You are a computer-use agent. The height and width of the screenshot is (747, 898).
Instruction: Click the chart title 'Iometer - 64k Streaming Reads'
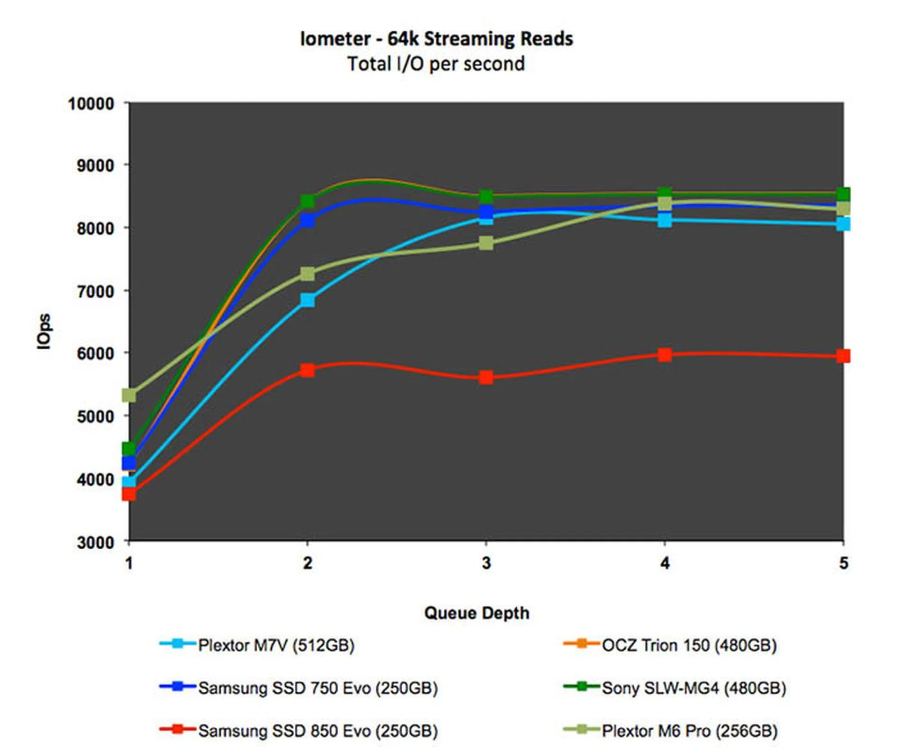(436, 39)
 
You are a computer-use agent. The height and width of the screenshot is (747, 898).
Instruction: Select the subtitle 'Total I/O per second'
(436, 64)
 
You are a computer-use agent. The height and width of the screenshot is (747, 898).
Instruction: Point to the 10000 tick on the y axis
(91, 104)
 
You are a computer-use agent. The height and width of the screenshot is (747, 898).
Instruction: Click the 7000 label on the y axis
(95, 292)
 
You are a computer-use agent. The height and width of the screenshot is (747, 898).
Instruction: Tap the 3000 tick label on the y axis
(95, 543)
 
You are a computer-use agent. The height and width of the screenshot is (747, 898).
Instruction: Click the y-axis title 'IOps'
(44, 331)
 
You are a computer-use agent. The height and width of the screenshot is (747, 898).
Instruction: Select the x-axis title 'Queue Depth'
(477, 613)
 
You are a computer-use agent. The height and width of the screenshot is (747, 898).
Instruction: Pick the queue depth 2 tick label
(307, 563)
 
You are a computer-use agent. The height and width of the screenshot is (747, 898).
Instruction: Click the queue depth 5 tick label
(843, 563)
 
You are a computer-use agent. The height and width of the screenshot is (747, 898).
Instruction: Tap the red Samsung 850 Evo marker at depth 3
(486, 377)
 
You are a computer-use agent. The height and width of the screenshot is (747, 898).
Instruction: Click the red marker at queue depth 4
(665, 355)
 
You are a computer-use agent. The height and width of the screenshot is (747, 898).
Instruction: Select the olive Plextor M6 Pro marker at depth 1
(129, 395)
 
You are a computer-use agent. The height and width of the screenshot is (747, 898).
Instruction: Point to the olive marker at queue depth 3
(486, 243)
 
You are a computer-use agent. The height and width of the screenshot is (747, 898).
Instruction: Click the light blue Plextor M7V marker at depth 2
(307, 300)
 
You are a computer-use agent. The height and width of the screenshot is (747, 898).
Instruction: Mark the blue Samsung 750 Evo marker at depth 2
(307, 220)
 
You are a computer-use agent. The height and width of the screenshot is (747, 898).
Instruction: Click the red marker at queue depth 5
(843, 356)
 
